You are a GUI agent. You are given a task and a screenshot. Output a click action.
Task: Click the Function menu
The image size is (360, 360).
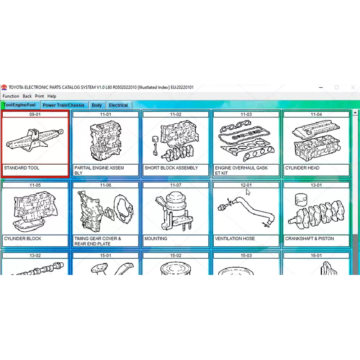pyautogui.click(x=11, y=96)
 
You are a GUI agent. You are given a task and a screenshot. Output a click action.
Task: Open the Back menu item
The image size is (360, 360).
pyautogui.click(x=27, y=96)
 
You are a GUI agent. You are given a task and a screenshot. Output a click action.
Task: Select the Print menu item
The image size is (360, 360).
pyautogui.click(x=40, y=96)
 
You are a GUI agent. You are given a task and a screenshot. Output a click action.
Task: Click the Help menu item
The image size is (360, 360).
pyautogui.click(x=52, y=96)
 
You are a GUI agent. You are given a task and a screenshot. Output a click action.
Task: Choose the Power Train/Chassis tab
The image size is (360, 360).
pyautogui.click(x=63, y=105)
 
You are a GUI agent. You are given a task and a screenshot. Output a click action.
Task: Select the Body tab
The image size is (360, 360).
pyautogui.click(x=97, y=105)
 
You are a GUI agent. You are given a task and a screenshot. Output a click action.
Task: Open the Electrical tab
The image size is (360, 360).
pyautogui.click(x=118, y=105)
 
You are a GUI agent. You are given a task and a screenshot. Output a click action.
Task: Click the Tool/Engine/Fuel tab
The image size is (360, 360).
pyautogui.click(x=19, y=105)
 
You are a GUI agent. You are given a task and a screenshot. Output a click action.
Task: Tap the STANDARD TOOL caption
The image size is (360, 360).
pyautogui.click(x=22, y=168)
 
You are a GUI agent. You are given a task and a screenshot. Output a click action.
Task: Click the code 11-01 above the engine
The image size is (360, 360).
pyautogui.click(x=105, y=115)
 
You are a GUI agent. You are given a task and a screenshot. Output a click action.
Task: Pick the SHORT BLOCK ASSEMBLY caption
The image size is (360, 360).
pyautogui.click(x=171, y=168)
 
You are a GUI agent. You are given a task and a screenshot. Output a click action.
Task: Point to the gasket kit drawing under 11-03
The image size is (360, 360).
pyautogui.click(x=246, y=140)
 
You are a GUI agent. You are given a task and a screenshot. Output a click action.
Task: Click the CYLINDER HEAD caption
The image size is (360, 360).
pyautogui.click(x=302, y=168)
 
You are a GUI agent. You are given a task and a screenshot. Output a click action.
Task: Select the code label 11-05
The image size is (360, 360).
pyautogui.click(x=35, y=185)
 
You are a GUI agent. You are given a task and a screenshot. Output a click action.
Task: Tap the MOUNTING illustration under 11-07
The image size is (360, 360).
pyautogui.click(x=175, y=211)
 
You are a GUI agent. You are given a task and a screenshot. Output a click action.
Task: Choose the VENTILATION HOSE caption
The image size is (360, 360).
pyautogui.click(x=235, y=238)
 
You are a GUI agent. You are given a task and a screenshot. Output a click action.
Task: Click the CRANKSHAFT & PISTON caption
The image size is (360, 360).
pyautogui.click(x=309, y=238)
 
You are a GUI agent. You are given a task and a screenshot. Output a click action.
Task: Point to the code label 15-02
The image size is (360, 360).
pyautogui.click(x=175, y=256)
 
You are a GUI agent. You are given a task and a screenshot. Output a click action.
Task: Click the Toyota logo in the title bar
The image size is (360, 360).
pyautogui.click(x=4, y=87)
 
